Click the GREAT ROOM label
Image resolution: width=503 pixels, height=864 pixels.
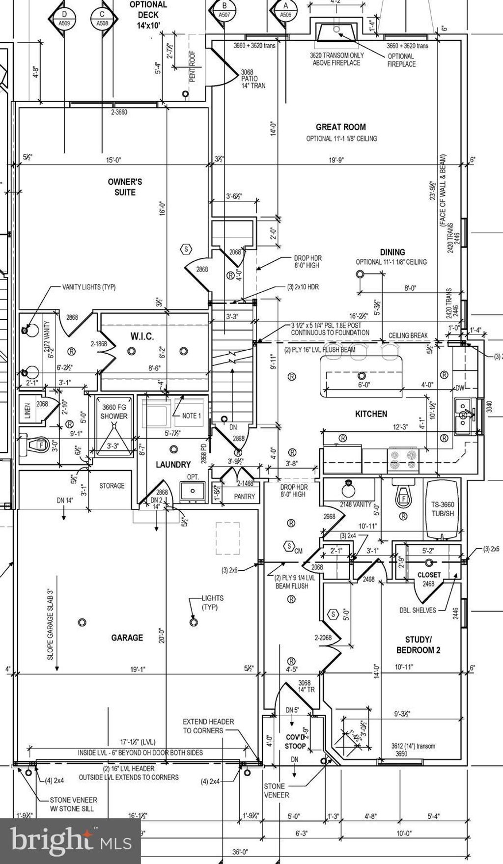coord(341,127)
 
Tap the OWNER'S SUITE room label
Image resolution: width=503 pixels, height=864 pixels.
coord(125,187)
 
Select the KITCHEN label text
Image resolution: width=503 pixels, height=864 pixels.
coord(371,414)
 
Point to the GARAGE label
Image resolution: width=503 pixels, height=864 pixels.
coord(127,638)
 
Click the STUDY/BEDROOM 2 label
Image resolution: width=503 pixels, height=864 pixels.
coord(418,644)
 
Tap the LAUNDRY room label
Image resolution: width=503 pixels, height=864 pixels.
coord(173,464)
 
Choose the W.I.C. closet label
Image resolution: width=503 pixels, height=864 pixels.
coord(142,336)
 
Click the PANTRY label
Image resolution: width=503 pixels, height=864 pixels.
coord(244,497)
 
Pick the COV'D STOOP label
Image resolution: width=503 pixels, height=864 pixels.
coord(296,742)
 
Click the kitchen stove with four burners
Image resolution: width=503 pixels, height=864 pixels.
coord(403,460)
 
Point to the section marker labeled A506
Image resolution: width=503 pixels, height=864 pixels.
coord(285,15)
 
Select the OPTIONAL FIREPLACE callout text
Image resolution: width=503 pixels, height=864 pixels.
coord(401,60)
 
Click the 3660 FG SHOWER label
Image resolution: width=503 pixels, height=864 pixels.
coord(114,412)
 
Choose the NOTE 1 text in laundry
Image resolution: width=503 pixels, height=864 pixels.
coord(192,416)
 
